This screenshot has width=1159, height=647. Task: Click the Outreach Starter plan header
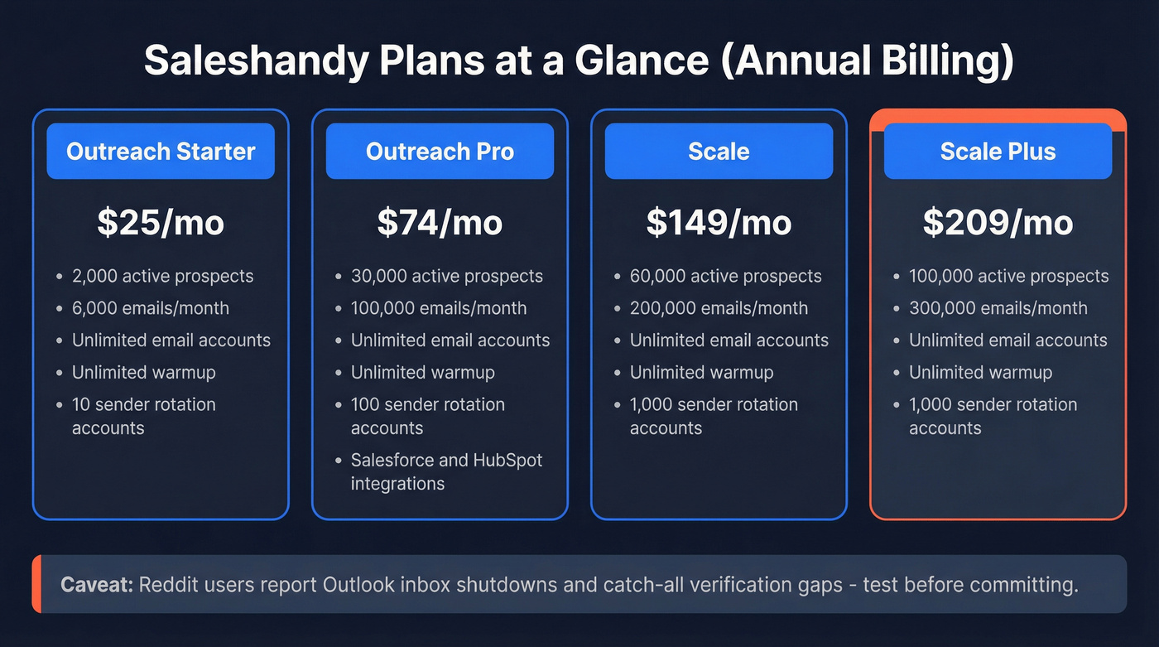click(161, 152)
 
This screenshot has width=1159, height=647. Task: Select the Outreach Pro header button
click(440, 152)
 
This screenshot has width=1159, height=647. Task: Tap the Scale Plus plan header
click(998, 152)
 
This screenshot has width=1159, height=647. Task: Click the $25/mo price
click(161, 222)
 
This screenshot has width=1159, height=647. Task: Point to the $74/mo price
click(440, 222)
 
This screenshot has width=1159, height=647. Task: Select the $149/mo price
click(719, 222)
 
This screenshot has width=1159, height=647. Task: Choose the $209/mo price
click(998, 222)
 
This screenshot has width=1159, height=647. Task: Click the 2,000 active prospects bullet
click(162, 276)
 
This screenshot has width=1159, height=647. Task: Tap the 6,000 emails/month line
click(151, 308)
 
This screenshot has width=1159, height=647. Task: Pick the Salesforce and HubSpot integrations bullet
click(446, 471)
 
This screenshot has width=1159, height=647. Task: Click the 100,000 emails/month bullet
click(439, 308)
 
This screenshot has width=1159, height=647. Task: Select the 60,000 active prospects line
click(725, 276)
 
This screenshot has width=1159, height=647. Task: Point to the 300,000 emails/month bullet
click(998, 308)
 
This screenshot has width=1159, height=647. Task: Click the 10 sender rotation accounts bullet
click(143, 416)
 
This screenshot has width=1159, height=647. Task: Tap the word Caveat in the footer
click(96, 585)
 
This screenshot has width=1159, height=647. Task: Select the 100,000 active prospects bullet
click(1008, 276)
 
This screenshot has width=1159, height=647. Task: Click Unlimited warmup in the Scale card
click(701, 373)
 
